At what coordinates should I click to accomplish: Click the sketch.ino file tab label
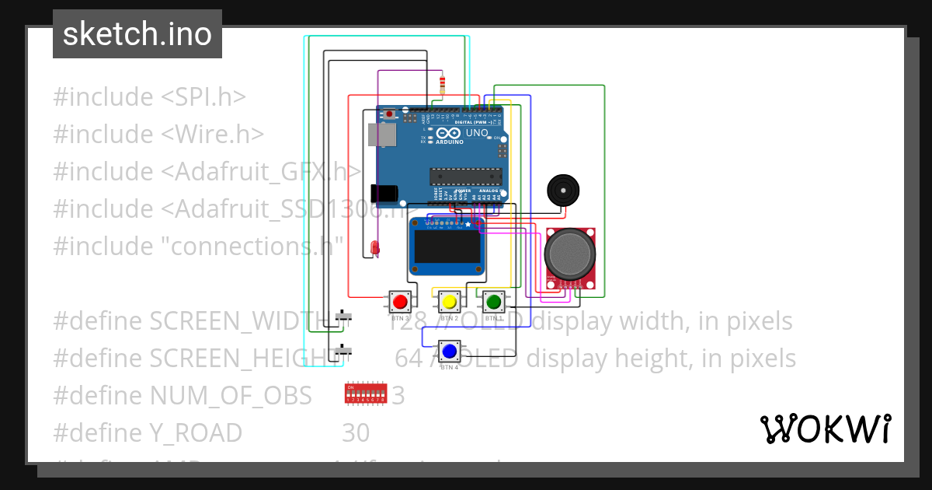pyautogui.click(x=137, y=34)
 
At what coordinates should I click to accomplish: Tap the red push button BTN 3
pyautogui.click(x=400, y=302)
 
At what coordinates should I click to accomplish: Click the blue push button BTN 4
pyautogui.click(x=449, y=352)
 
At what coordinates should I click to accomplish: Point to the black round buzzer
pyautogui.click(x=562, y=190)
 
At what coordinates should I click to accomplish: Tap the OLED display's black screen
pyautogui.click(x=447, y=247)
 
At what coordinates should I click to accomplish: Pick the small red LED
pyautogui.click(x=375, y=248)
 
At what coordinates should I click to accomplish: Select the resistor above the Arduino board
pyautogui.click(x=442, y=84)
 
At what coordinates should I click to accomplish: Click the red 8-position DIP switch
pyautogui.click(x=364, y=394)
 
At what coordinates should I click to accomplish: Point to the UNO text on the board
pyautogui.click(x=476, y=133)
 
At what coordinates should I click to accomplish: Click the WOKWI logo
pyautogui.click(x=825, y=429)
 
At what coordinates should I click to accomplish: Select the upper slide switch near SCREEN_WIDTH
pyautogui.click(x=343, y=317)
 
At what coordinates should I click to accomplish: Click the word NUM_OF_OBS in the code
pyautogui.click(x=231, y=395)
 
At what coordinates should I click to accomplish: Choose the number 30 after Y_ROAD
pyautogui.click(x=356, y=432)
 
